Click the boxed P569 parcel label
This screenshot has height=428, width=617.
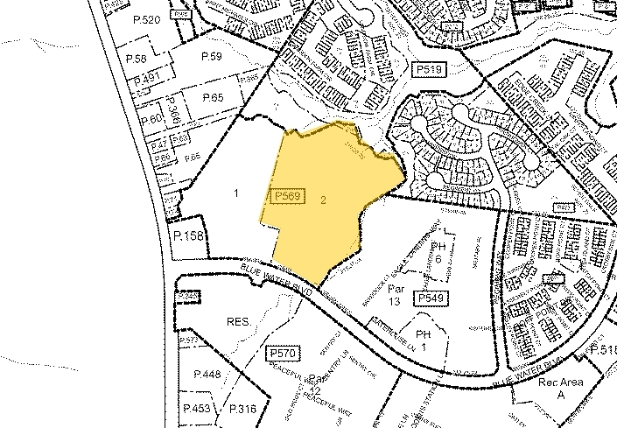click(x=288, y=197)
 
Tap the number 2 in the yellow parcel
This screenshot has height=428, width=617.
click(x=324, y=200)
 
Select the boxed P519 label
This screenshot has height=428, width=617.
click(x=429, y=67)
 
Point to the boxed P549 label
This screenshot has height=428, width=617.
click(x=433, y=299)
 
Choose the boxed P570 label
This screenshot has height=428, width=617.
click(x=283, y=352)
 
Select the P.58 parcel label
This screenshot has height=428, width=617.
click(x=136, y=59)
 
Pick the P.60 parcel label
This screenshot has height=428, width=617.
click(x=150, y=118)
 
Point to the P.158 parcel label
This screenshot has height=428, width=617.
click(x=187, y=236)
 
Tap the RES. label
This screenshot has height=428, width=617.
click(x=239, y=322)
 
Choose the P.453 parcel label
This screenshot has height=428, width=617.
click(x=197, y=409)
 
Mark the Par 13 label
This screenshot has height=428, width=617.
click(x=396, y=294)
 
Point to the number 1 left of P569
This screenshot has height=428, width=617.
click(x=235, y=193)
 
